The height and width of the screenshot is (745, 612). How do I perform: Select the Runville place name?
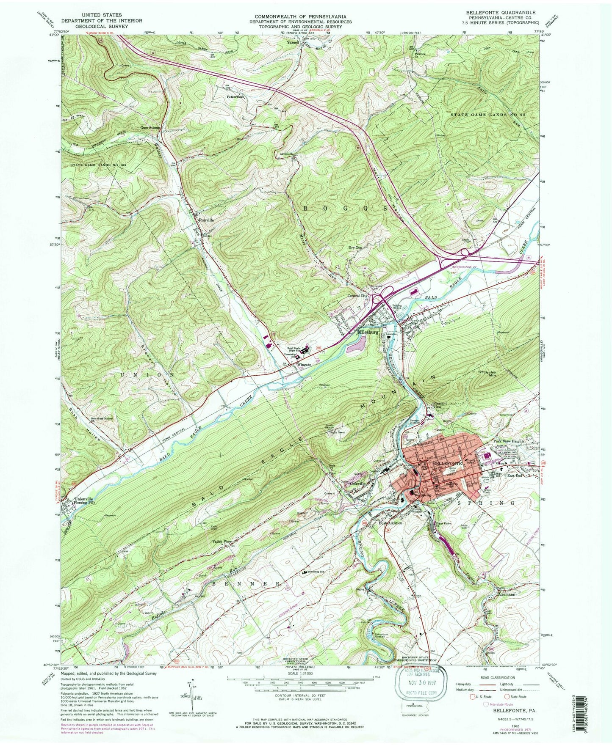206,220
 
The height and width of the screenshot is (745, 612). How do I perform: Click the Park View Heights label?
509,441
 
